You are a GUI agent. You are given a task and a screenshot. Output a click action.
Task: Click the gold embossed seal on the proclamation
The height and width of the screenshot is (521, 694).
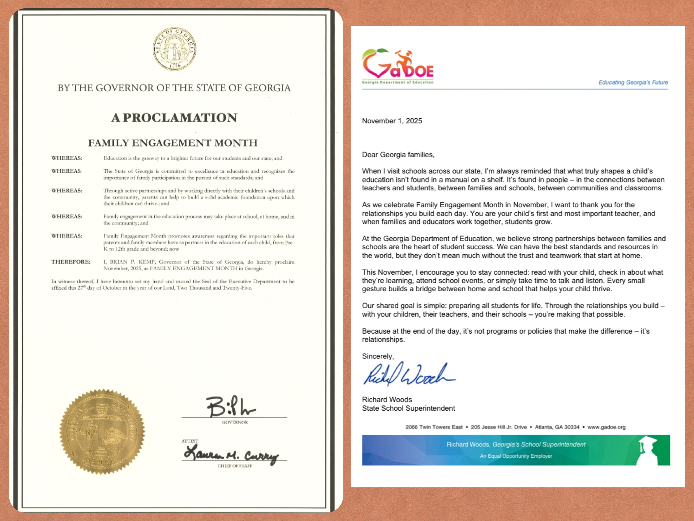[102, 431]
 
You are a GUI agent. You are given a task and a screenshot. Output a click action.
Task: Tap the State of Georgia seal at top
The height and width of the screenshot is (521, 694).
[175, 49]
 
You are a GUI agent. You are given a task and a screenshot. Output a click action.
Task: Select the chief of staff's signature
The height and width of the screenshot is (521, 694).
[231, 454]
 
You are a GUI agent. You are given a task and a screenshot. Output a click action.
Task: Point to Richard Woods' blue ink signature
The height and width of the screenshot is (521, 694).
[408, 374]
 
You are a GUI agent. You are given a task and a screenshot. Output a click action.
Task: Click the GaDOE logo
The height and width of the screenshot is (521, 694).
[398, 66]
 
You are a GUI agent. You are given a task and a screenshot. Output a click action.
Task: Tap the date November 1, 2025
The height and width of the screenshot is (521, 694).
[392, 121]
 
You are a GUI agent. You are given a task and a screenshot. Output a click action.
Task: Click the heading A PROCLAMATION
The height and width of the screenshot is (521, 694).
[174, 118]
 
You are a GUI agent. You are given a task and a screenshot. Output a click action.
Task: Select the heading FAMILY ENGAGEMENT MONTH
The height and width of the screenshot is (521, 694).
[173, 143]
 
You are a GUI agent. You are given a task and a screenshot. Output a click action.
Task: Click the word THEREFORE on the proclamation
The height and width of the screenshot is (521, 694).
[71, 262]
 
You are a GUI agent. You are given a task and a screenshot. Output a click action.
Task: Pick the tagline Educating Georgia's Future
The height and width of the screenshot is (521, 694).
[633, 82]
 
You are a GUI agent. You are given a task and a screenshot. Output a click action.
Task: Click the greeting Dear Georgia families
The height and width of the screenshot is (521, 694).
[398, 154]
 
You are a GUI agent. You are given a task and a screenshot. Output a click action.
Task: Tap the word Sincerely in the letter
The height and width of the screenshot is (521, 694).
[378, 356]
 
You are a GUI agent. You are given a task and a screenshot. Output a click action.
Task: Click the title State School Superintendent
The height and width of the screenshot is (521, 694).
[408, 408]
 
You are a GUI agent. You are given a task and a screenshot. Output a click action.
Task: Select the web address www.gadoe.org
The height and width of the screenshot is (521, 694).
[606, 427]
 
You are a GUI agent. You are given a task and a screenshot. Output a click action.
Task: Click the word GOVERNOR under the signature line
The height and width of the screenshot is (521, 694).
[235, 422]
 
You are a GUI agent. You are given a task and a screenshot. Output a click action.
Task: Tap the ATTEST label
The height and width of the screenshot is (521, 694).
[190, 441]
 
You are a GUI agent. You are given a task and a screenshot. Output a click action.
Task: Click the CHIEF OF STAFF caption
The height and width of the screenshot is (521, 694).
[235, 466]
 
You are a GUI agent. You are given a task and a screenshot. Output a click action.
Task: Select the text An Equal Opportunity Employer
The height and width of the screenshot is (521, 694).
[516, 456]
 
